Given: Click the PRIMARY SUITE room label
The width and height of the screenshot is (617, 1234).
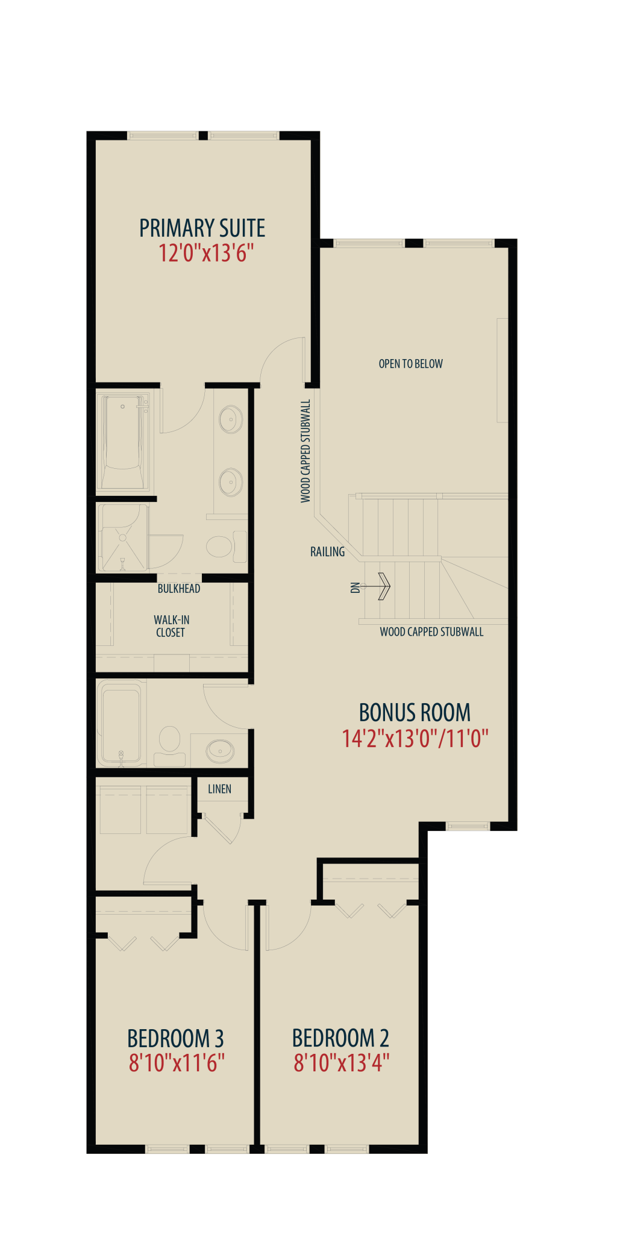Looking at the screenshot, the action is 202,228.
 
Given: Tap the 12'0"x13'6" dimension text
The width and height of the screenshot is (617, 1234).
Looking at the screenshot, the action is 202,253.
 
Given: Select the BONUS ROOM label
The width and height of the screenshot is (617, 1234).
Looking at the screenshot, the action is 415,713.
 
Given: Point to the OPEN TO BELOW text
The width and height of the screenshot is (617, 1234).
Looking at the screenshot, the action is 410,364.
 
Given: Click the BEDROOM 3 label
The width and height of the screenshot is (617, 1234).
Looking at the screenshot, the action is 175,1039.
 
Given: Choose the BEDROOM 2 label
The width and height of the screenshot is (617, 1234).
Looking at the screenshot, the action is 340,1038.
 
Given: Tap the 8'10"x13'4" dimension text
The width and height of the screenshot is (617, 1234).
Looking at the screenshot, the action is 342,1063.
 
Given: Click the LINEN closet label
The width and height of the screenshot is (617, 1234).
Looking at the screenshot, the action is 219,789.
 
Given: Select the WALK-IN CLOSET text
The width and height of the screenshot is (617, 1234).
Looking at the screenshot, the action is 171,626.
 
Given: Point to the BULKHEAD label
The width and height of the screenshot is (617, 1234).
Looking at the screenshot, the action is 179,589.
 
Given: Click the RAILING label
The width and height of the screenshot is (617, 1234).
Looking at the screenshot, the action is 328,551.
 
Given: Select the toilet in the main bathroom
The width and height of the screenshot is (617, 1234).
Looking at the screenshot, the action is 170,746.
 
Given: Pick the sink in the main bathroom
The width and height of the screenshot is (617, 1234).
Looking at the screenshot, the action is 220,751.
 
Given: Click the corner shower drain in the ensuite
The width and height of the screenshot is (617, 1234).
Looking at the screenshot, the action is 123,537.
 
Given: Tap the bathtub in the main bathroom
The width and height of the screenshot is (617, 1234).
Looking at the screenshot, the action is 121,724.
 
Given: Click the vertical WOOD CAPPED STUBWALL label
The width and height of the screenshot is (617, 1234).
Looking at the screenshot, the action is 305,451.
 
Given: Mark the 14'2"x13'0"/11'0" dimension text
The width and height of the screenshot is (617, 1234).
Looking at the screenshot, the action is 415,738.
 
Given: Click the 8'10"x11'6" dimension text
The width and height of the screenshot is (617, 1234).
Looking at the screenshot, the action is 177,1063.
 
